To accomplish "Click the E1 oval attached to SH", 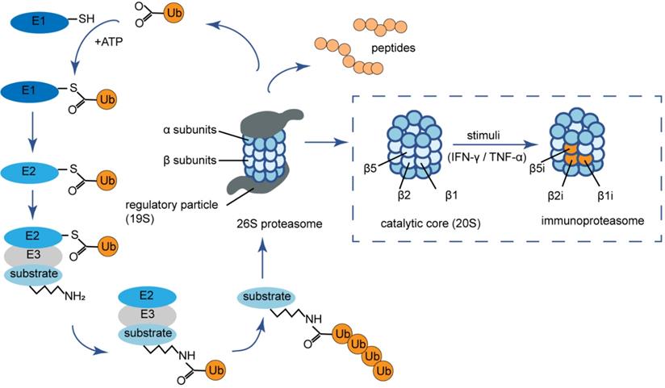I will [40, 22].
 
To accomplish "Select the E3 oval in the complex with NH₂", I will [40, 255].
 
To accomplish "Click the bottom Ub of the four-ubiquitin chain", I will [385, 369].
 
